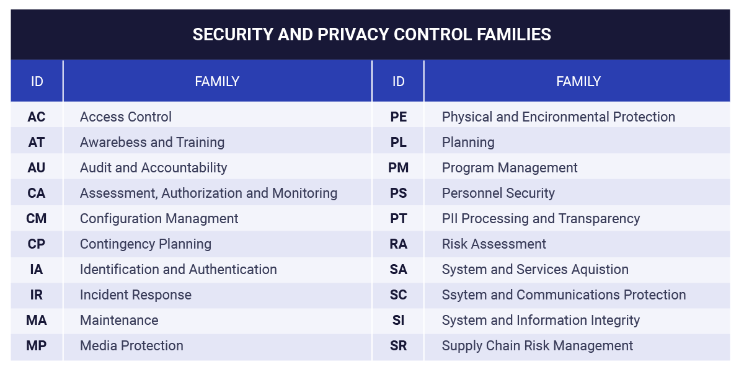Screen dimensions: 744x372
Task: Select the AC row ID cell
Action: (x=37, y=117)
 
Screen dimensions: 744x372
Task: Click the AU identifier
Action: (x=37, y=168)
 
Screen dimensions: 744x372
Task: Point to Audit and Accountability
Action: (x=154, y=168)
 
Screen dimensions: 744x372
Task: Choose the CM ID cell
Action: (x=37, y=218)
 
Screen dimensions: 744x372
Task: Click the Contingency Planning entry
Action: (x=146, y=244)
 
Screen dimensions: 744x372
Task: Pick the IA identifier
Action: (x=37, y=269)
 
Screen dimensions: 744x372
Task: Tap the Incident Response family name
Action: (x=136, y=295)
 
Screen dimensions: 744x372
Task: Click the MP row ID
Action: (x=37, y=346)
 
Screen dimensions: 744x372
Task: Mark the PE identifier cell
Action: (x=398, y=117)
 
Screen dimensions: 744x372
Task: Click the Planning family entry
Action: (x=468, y=143)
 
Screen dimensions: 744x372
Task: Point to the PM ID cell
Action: (x=398, y=168)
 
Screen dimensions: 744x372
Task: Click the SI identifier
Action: (x=398, y=320)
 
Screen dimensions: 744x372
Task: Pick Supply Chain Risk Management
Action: (x=538, y=346)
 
